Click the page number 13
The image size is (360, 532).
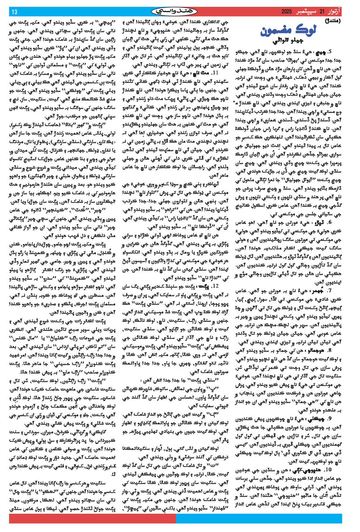tap(14, 12)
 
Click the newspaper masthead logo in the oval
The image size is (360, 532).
tap(174, 12)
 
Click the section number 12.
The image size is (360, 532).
tap(216, 286)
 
